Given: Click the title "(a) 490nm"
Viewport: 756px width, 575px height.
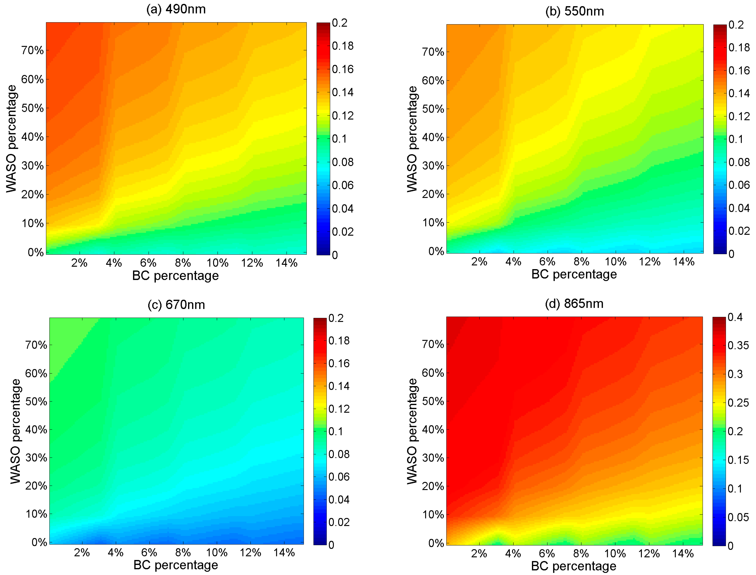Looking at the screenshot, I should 176,9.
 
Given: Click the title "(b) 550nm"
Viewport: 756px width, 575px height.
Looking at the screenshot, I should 574,11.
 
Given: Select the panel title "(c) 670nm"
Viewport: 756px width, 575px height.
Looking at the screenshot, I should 176,305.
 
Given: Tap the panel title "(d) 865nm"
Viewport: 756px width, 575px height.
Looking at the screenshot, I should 574,304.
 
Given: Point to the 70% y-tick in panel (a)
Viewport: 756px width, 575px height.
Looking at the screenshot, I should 33,51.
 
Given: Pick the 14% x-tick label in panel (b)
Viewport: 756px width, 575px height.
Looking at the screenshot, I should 684,262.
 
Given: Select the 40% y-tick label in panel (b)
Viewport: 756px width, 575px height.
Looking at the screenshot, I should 433,138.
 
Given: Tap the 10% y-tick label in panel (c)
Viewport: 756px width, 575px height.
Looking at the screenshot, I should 36,514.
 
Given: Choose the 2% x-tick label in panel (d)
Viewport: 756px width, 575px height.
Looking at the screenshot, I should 479,553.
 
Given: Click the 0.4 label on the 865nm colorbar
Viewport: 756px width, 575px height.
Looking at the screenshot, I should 735,317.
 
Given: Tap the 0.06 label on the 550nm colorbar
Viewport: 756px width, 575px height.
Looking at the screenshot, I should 739,185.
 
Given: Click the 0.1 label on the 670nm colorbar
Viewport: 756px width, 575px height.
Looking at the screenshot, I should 336,432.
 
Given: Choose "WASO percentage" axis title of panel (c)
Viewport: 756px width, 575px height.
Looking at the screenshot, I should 15,431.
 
